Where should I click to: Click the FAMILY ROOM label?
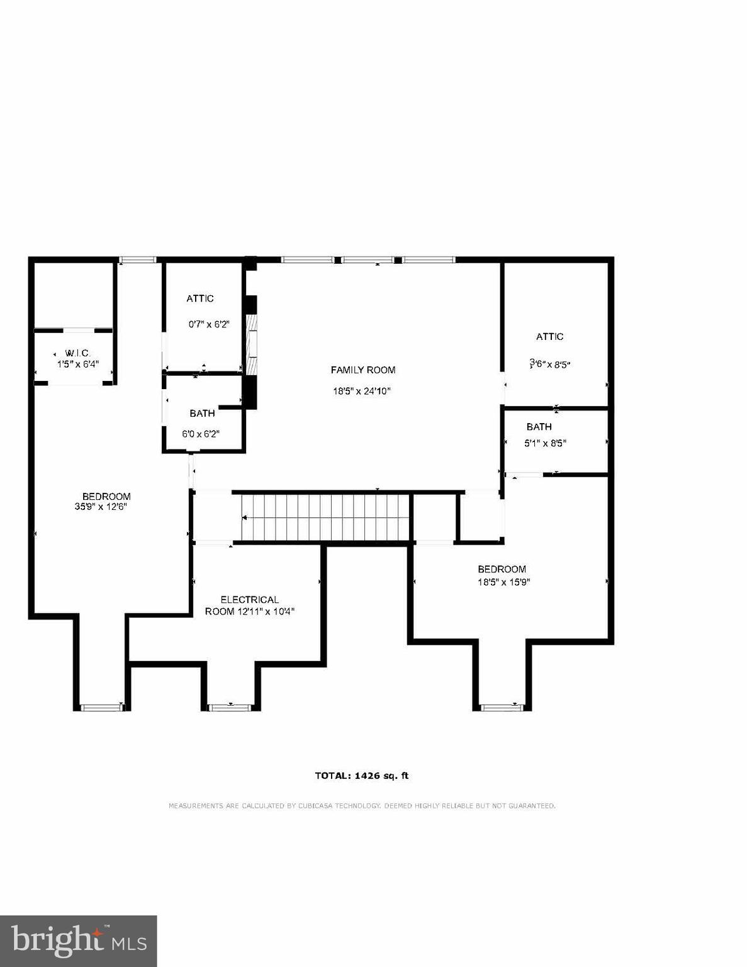tap(362, 370)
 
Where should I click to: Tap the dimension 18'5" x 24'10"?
tap(362, 391)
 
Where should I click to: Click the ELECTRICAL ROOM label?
tap(249, 600)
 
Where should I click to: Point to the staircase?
tap(324, 517)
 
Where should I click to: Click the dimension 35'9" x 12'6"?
tap(101, 506)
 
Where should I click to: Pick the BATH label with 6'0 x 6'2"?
tap(202, 413)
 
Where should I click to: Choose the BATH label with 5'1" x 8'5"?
tap(539, 427)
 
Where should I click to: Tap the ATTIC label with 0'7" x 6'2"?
tap(199, 298)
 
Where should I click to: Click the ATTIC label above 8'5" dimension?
tap(549, 337)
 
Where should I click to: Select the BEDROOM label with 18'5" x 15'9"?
tap(502, 569)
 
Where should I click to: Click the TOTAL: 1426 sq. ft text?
tap(362, 776)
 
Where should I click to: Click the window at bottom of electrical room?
tap(230, 707)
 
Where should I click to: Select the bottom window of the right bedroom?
tap(502, 707)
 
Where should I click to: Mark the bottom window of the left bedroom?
tap(101, 707)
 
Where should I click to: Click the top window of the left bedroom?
tap(138, 259)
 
